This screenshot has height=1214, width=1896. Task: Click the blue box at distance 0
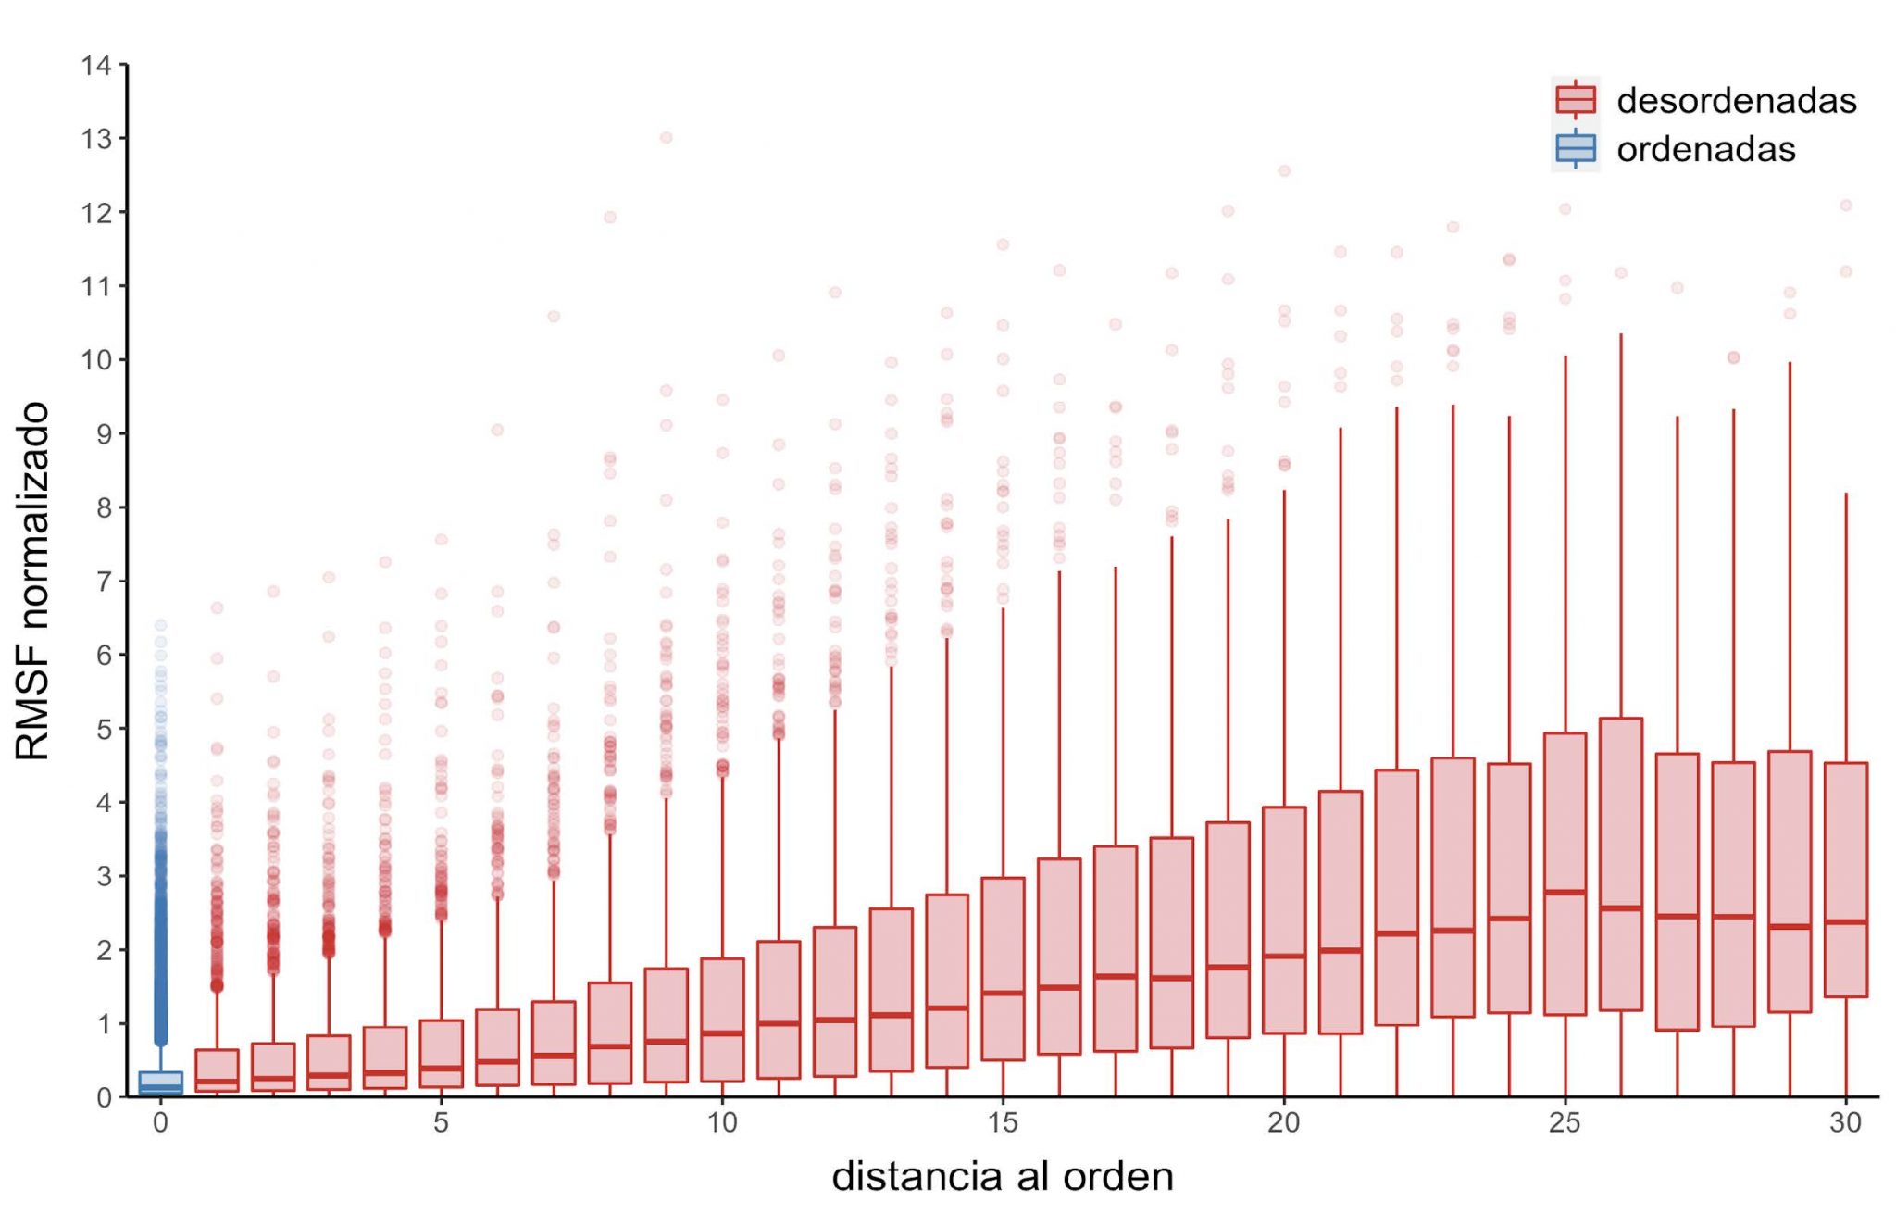(160, 1083)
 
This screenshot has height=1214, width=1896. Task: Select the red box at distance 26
(1620, 864)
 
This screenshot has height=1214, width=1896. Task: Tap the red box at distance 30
(1845, 880)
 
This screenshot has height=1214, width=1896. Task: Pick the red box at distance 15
(1003, 969)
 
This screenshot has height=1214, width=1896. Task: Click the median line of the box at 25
(1565, 893)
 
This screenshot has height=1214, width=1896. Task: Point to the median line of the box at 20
(1284, 957)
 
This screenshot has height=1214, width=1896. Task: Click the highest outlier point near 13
(666, 138)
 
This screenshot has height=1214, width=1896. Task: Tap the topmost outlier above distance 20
(1284, 171)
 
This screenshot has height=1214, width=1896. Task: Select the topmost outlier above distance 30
(1845, 206)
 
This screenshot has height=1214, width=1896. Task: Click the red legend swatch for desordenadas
(1575, 100)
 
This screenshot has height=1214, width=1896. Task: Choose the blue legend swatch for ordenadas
(1575, 149)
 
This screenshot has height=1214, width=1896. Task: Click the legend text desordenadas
(1736, 100)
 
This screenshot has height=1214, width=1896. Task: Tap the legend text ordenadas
(1705, 149)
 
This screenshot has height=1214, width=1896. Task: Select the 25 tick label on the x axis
(1565, 1123)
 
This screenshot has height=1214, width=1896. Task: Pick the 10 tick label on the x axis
(722, 1123)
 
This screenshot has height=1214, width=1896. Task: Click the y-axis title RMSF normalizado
(32, 581)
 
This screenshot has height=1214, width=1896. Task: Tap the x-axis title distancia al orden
(1003, 1177)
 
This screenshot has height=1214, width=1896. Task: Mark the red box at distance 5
(441, 1054)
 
